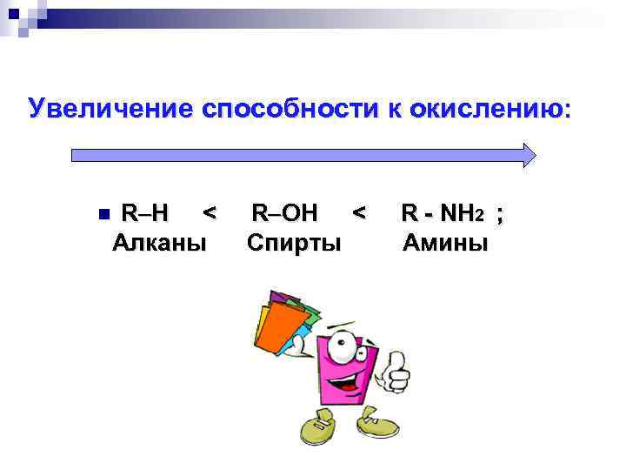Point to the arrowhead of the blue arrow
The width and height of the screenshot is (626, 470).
click(x=528, y=155)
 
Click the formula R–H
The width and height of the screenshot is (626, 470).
click(x=145, y=212)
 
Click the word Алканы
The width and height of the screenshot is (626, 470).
click(x=160, y=241)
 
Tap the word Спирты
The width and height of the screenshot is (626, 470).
click(x=293, y=241)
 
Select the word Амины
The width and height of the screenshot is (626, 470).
click(x=445, y=241)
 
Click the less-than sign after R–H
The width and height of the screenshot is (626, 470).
click(x=208, y=212)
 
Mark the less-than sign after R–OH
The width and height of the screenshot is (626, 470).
click(x=359, y=212)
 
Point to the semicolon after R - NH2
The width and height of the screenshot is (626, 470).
click(x=498, y=214)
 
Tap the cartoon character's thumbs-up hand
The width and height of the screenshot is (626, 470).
click(x=396, y=372)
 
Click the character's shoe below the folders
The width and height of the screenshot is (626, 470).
click(x=316, y=430)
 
